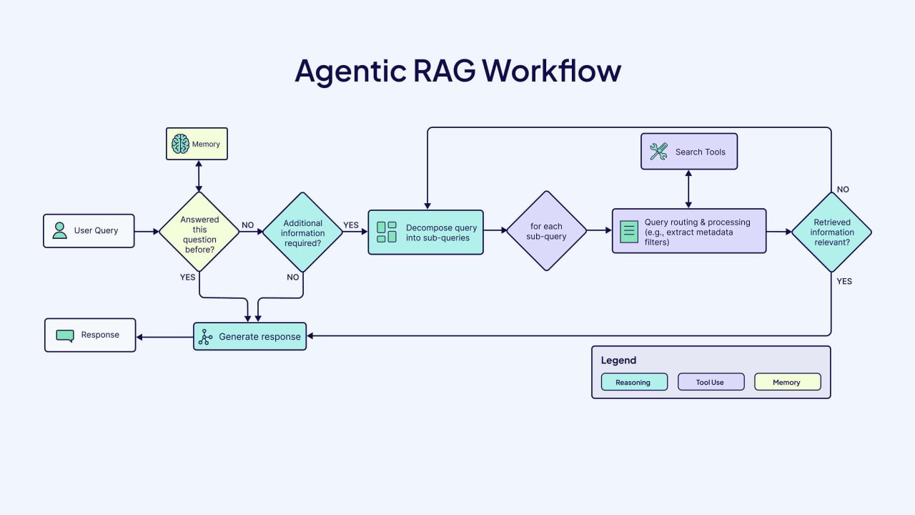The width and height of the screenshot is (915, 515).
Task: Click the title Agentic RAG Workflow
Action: pos(457,71)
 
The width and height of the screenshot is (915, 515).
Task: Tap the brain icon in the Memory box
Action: pos(180,144)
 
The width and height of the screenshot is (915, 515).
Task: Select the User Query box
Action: pos(89,231)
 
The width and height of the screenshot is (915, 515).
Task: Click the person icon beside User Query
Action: pos(60,230)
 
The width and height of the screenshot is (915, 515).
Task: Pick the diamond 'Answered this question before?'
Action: pos(199,231)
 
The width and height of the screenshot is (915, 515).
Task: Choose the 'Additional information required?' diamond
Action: pos(302,232)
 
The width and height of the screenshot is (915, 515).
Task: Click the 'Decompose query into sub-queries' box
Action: pos(425,232)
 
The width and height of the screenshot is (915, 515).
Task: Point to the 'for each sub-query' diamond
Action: pos(546,231)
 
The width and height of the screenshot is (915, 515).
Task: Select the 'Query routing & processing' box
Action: pos(688,231)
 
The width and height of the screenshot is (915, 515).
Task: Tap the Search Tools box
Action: pos(688,152)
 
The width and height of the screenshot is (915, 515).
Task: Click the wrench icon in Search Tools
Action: pos(658,152)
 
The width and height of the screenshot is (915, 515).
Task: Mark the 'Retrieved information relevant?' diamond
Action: pos(831,232)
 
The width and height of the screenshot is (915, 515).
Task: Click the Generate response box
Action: pos(249,336)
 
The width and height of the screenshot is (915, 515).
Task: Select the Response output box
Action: pos(90,335)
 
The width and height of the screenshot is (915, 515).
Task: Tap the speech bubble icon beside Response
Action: pos(65,335)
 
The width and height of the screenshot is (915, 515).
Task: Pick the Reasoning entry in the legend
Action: pos(633,382)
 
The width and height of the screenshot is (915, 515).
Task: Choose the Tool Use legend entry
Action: pos(711,382)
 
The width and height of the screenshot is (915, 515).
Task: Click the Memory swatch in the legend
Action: pos(787,382)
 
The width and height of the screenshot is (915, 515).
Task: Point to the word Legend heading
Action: pos(618,360)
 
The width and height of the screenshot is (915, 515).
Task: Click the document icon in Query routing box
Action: pos(628,231)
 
